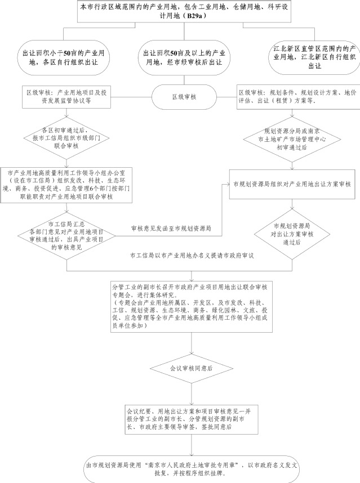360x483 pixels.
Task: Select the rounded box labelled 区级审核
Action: (x=183, y=97)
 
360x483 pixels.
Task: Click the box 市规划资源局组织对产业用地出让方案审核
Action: (x=292, y=184)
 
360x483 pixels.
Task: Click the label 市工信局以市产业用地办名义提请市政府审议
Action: (x=192, y=255)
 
